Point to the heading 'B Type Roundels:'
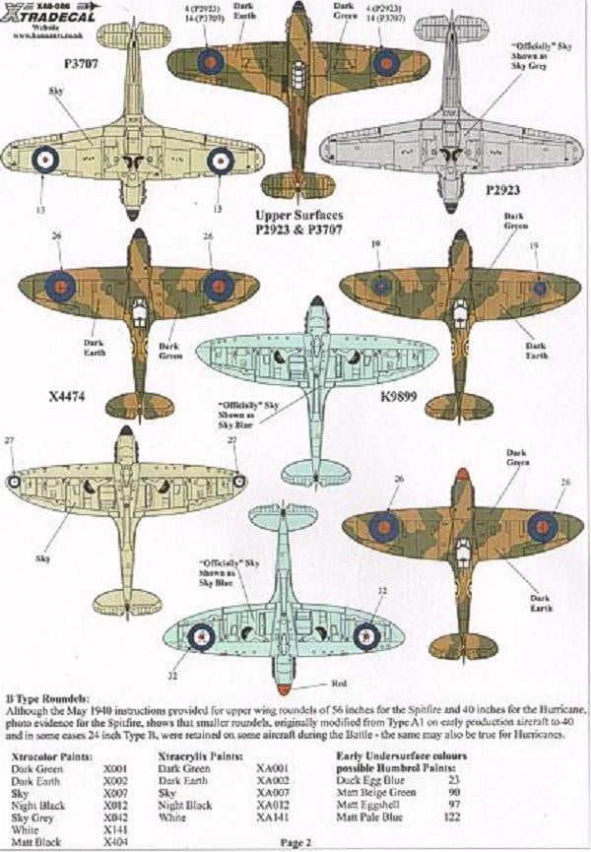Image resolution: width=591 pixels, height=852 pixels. [50, 696]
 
